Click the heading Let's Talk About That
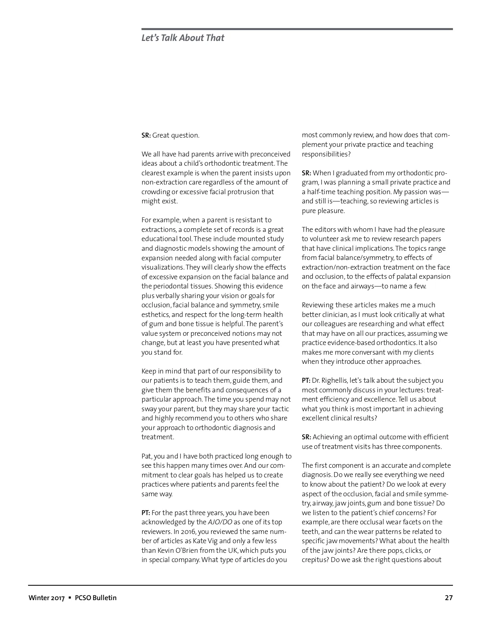(x=183, y=38)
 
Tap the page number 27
(x=449, y=598)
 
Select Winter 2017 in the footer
(x=46, y=598)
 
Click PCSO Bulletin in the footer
(x=96, y=598)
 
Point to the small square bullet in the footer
(x=70, y=598)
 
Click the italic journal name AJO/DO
(x=220, y=522)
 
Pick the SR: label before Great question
(x=146, y=136)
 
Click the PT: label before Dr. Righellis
(x=306, y=380)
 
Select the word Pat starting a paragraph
(x=147, y=456)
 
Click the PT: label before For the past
(x=146, y=513)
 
